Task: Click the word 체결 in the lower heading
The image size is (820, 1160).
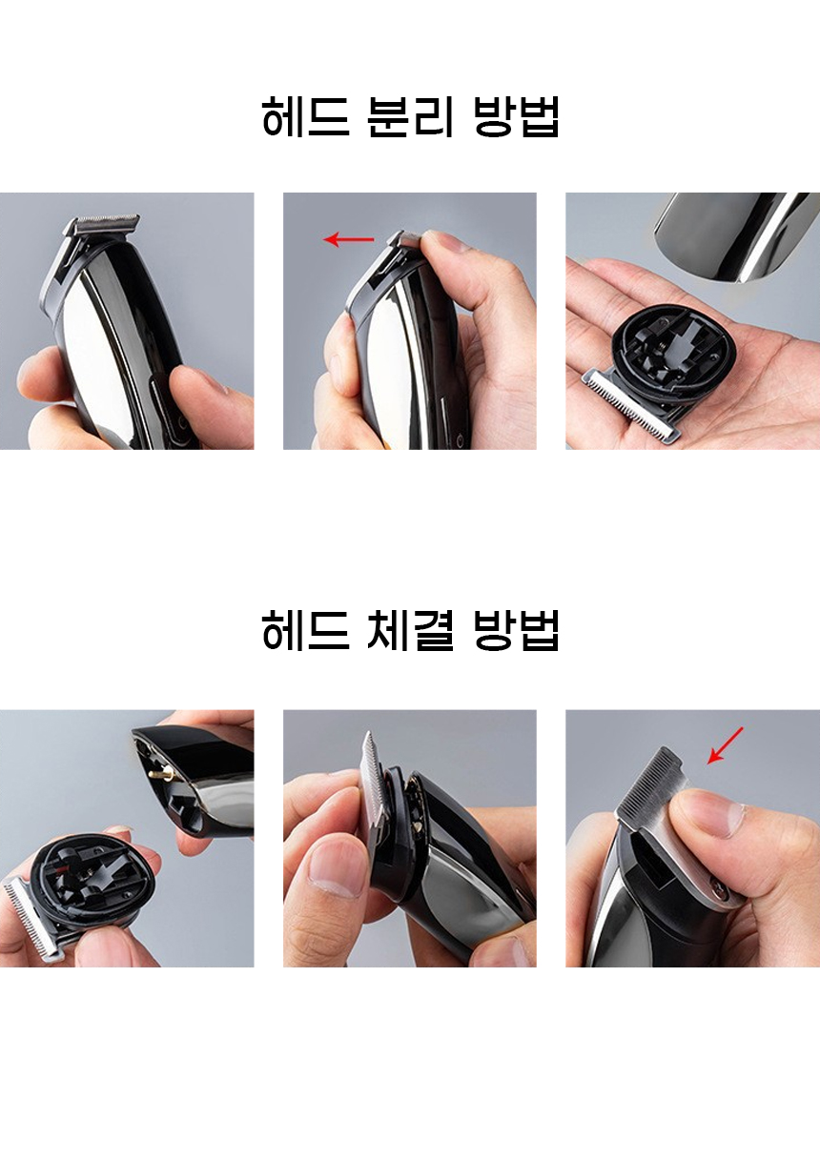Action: coord(410,630)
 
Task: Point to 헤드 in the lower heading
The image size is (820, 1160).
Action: coord(306,630)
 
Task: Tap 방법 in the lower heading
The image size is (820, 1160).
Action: coord(517,630)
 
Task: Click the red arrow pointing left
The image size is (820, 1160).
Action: coord(348,239)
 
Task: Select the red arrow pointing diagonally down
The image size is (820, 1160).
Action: coord(726,745)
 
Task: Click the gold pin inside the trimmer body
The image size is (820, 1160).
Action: coord(159,775)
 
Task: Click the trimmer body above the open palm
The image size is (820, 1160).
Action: coord(735,235)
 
